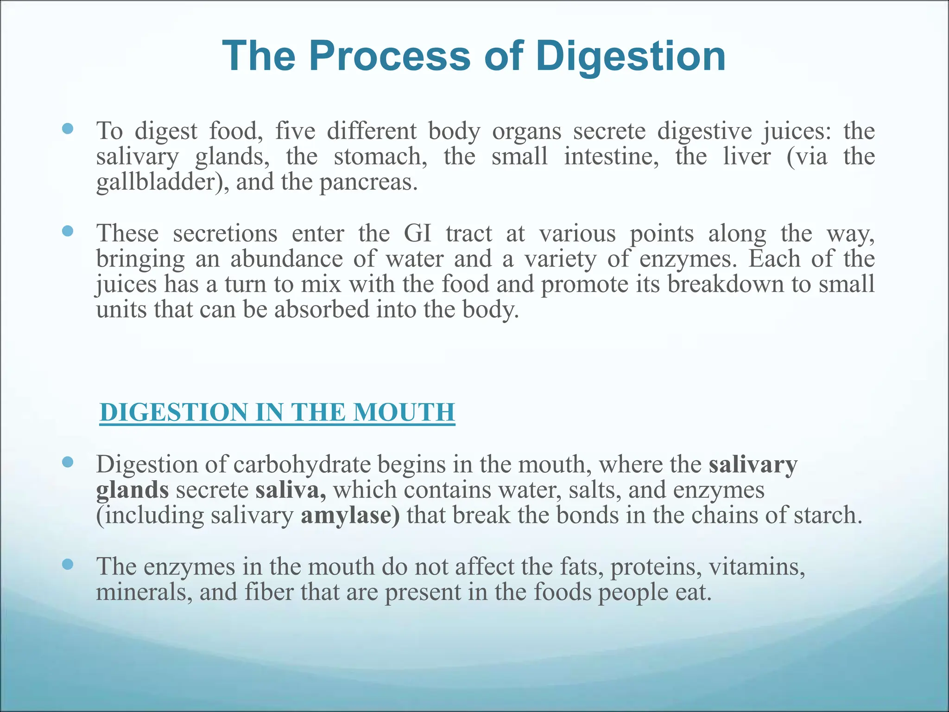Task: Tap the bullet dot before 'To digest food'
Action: pos(68,128)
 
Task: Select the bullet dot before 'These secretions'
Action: pos(68,231)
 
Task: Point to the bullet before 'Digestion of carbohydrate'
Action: pos(68,462)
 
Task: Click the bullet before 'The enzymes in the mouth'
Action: pos(68,564)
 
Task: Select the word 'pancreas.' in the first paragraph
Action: pos(369,182)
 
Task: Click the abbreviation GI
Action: pos(418,233)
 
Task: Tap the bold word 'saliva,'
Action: pos(291,489)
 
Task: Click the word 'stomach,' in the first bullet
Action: pos(380,156)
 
